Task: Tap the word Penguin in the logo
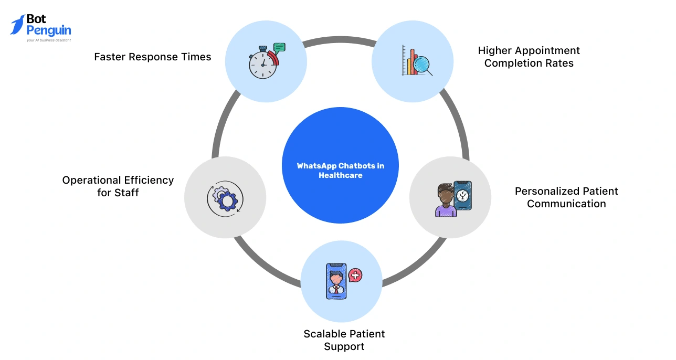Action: tap(48, 30)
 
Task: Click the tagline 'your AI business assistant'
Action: tap(48, 40)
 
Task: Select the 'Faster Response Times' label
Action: tap(152, 57)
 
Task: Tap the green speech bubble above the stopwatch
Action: tap(279, 47)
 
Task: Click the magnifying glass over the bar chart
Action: tap(422, 65)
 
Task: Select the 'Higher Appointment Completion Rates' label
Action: tap(529, 57)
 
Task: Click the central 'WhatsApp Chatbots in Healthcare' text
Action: tap(340, 171)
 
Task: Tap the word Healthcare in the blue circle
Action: tap(340, 175)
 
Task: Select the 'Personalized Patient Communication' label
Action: tap(566, 197)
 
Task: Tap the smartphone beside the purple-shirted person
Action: tap(463, 196)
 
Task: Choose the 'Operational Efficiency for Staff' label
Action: tap(118, 186)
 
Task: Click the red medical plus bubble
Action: tap(355, 275)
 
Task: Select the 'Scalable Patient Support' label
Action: tap(344, 340)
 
